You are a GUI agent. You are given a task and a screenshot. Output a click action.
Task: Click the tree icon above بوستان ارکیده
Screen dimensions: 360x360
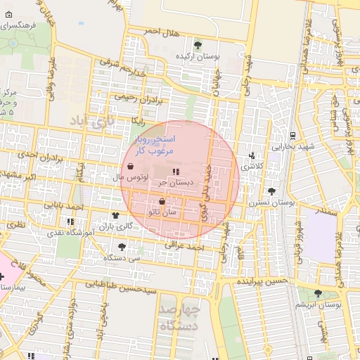click(x=198, y=44)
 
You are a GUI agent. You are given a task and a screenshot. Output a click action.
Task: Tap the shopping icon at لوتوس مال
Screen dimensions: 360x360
click(x=133, y=167)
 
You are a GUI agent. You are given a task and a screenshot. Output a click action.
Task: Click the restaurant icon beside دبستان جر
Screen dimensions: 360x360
click(x=175, y=171)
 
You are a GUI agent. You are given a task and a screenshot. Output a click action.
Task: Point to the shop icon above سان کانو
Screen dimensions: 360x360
click(x=162, y=201)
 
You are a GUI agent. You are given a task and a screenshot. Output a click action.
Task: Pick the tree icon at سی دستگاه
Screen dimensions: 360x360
click(x=122, y=247)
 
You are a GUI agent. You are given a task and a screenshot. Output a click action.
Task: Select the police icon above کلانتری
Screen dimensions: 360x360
click(x=252, y=155)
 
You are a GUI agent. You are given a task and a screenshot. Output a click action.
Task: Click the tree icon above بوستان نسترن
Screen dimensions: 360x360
click(x=271, y=191)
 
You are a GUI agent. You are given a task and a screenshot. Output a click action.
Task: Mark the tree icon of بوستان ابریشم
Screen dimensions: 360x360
click(x=319, y=293)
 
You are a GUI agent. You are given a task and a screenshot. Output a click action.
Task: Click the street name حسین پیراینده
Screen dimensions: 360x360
click(x=263, y=281)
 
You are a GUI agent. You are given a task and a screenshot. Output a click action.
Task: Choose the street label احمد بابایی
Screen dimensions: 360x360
click(x=68, y=206)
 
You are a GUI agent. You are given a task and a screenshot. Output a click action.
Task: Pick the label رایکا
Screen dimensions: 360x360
click(x=137, y=120)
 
